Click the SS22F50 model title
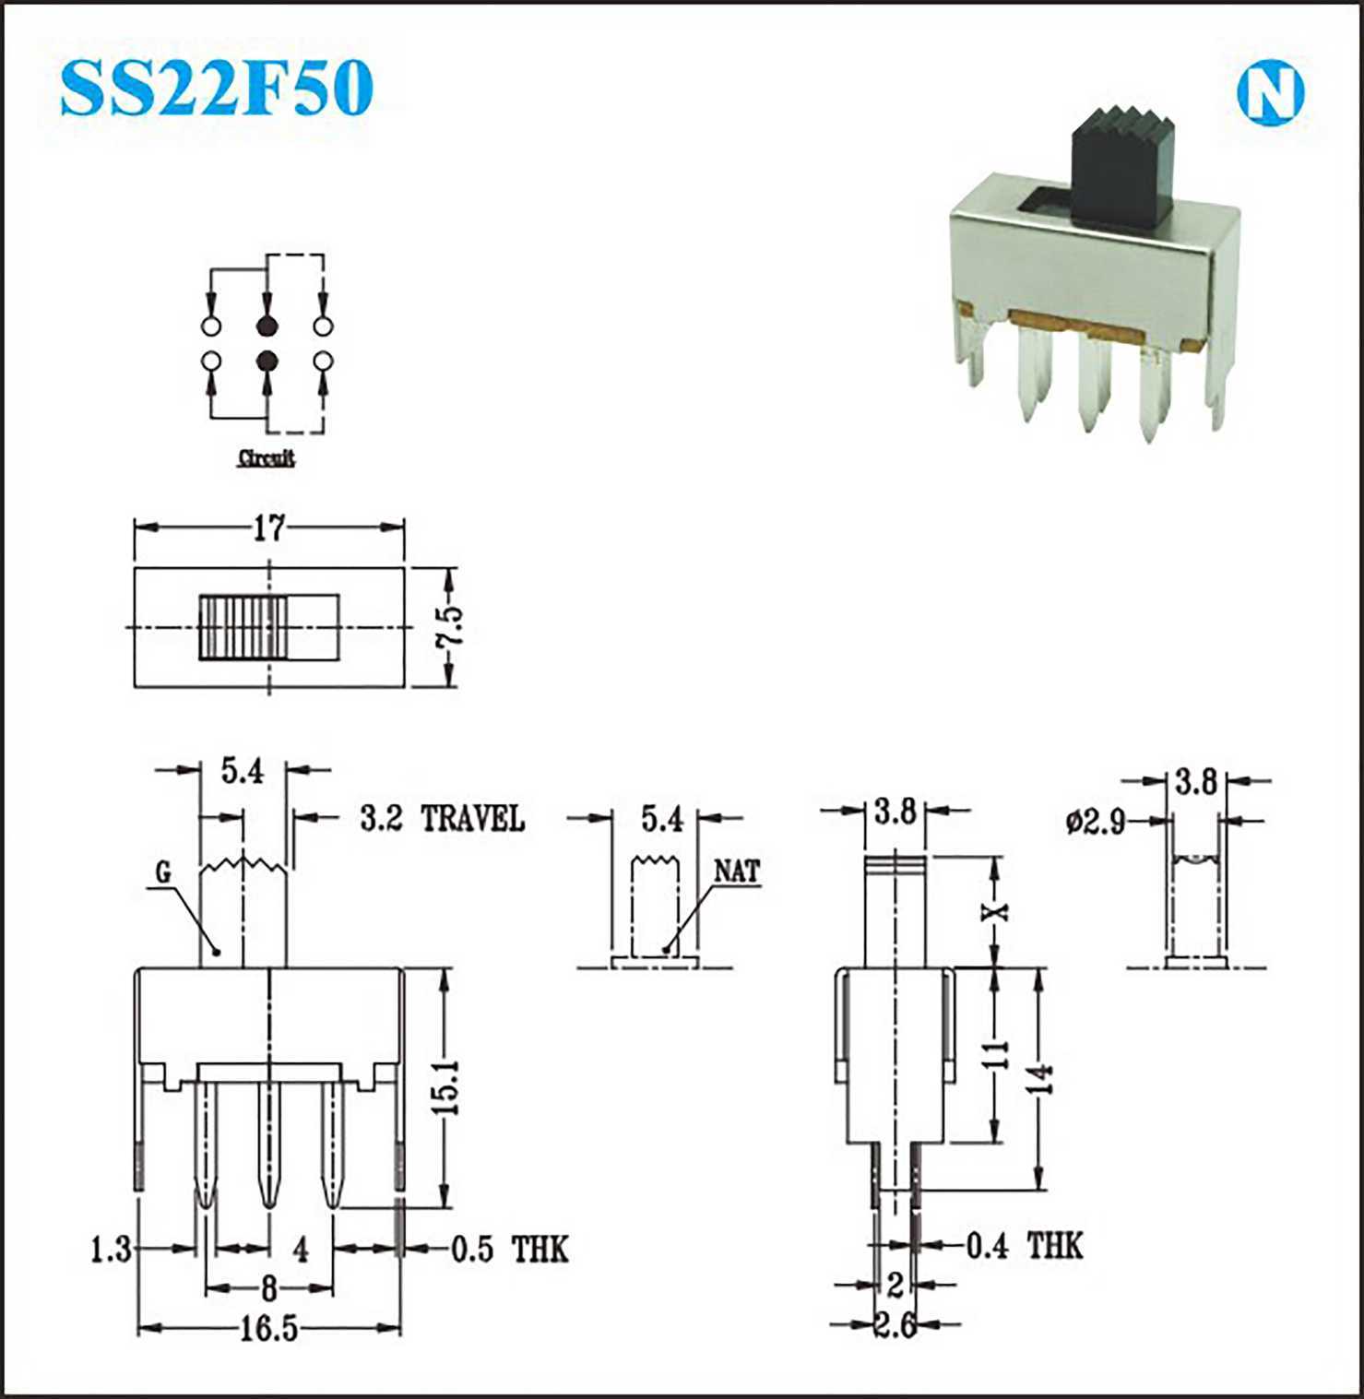pos(217,89)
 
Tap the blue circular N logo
pos(1270,92)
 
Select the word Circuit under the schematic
pos(267,457)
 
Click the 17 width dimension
pos(268,528)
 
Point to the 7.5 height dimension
pos(450,627)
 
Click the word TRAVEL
pos(472,818)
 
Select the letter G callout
pos(163,872)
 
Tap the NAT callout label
pos(737,871)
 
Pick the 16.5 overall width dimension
pos(269,1329)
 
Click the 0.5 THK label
pos(509,1250)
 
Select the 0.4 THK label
pos(1024,1246)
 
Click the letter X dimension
pos(995,911)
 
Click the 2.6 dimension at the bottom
pos(895,1325)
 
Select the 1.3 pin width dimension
pos(112,1251)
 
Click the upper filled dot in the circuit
pos(267,326)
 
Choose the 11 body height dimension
pos(994,1054)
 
